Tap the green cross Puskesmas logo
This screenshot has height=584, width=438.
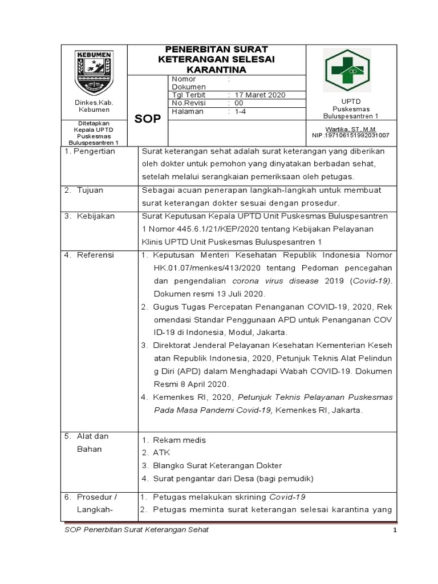tap(347, 71)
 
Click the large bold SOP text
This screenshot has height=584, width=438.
tap(147, 118)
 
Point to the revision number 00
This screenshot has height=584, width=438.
tap(238, 103)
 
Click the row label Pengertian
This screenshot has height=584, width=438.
tap(92, 151)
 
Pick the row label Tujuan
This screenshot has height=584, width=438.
tap(90, 190)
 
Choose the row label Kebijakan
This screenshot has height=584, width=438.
tap(96, 216)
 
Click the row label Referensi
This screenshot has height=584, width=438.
tap(95, 255)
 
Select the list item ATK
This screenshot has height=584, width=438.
tap(161, 452)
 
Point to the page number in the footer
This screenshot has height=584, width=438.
tap(394, 530)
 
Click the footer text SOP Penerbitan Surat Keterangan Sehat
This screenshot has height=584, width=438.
tap(135, 530)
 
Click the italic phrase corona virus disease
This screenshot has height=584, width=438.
tap(271, 281)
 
